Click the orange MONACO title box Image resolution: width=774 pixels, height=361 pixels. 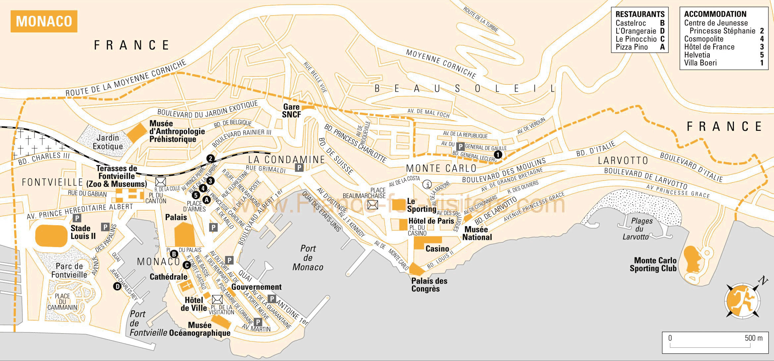click(x=44, y=22)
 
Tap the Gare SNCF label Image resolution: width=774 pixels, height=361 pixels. click(x=291, y=111)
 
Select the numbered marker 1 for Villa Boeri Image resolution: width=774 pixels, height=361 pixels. click(x=498, y=154)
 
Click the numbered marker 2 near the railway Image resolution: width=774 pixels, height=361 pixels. click(x=210, y=159)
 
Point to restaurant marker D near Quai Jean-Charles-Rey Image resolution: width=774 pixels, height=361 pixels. click(x=117, y=286)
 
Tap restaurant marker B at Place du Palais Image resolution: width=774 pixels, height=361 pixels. click(x=174, y=254)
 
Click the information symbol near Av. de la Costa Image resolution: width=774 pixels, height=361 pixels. click(x=427, y=184)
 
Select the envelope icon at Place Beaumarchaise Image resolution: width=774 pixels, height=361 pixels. click(x=372, y=205)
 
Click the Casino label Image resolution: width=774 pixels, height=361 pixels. click(x=437, y=249)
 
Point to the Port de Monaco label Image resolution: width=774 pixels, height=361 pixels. click(x=308, y=258)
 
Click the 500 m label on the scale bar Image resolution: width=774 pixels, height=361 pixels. click(x=753, y=338)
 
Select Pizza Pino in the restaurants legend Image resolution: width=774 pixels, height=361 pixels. click(x=632, y=47)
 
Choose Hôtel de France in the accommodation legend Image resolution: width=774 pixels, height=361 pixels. click(x=709, y=47)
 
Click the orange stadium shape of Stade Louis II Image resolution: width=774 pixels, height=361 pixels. click(x=51, y=235)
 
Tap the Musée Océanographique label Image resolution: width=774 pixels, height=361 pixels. click(x=199, y=329)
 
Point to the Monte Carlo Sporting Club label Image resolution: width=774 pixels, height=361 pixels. click(x=653, y=264)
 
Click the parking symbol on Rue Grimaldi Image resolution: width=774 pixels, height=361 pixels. click(x=299, y=168)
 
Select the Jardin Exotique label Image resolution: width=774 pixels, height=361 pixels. click(x=108, y=142)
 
